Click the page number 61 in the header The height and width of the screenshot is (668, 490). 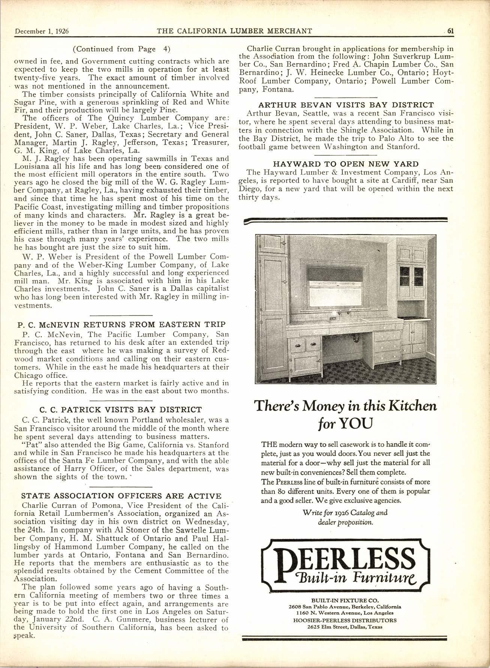450,31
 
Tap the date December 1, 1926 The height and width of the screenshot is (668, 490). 42,31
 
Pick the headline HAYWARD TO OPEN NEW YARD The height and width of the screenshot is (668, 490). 345,164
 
